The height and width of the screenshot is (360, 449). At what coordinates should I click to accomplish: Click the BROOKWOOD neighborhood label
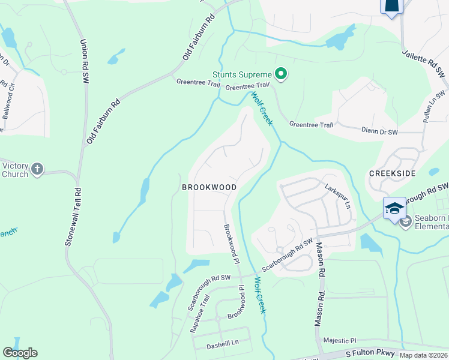click(x=209, y=187)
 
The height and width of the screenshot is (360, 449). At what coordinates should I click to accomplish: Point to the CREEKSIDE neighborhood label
click(x=393, y=173)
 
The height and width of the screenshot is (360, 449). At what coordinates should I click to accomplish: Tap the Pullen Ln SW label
click(x=435, y=106)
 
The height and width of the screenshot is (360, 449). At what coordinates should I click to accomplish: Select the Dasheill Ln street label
click(x=223, y=343)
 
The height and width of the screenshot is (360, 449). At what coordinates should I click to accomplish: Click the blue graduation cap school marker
click(x=394, y=209)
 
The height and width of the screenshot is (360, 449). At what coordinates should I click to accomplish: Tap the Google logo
click(x=20, y=353)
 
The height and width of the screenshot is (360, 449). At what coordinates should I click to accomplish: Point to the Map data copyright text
click(x=423, y=355)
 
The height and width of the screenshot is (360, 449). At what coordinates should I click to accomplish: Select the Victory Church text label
click(x=15, y=170)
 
